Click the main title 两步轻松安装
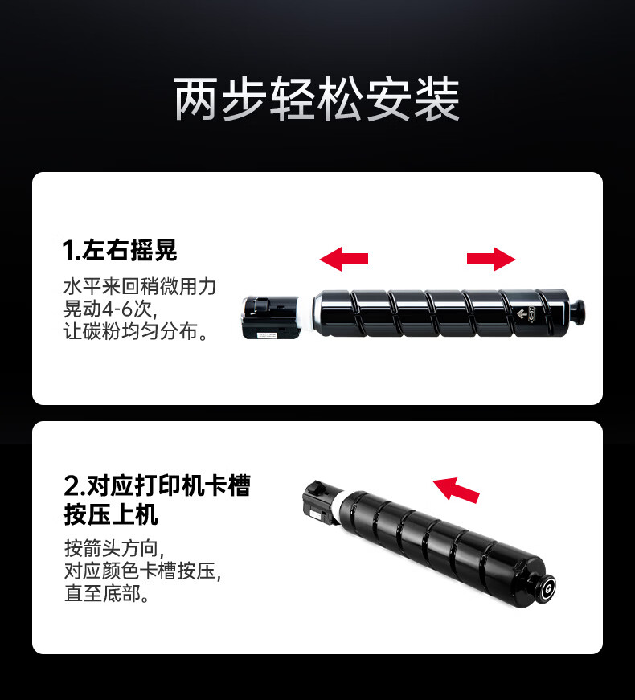[317, 99]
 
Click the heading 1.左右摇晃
[120, 250]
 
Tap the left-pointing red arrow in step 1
[344, 259]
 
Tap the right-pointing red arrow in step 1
[491, 259]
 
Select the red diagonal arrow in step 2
[456, 489]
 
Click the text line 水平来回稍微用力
[140, 287]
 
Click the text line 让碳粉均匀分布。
[136, 331]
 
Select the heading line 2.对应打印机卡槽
[158, 485]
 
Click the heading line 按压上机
[111, 515]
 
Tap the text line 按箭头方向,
[115, 548]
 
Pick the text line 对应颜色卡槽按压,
[142, 571]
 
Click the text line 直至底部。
[107, 593]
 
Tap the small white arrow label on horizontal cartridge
[522, 314]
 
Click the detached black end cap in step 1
[271, 317]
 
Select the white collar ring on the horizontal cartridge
[306, 314]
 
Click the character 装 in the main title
[436, 99]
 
